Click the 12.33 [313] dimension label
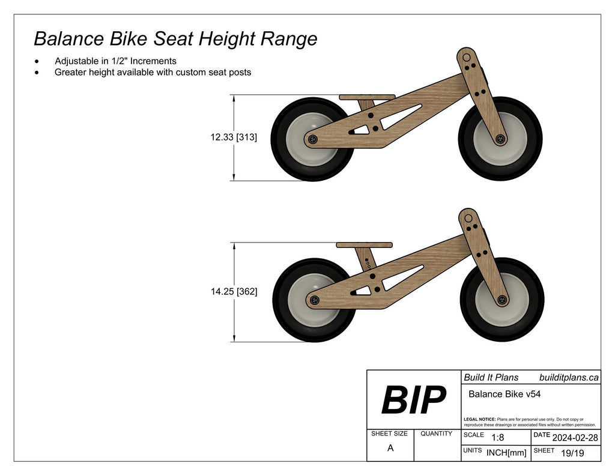(x=234, y=138)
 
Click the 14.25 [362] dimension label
(x=234, y=292)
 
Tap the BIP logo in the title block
(x=414, y=400)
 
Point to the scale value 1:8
(x=498, y=437)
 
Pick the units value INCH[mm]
(x=506, y=452)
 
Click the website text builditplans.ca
(x=569, y=377)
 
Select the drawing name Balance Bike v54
(x=504, y=394)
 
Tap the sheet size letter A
(x=390, y=448)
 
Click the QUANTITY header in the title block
(x=437, y=434)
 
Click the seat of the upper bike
(x=367, y=97)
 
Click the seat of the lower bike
(x=364, y=245)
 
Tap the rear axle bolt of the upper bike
(x=312, y=139)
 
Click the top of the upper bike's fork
(x=466, y=57)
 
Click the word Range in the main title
(x=288, y=39)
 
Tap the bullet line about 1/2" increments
(x=115, y=61)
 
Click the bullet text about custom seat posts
(x=153, y=72)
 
